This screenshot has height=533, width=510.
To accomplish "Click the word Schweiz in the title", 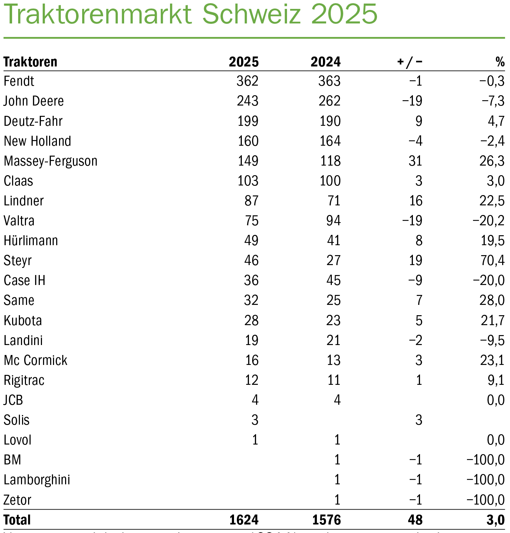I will point(253,14).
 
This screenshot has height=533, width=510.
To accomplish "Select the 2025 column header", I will point(244,62).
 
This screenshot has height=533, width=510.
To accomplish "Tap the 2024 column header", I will point(325,62).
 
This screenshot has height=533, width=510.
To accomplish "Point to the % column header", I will point(500,62).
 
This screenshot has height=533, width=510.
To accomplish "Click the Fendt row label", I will point(19,81).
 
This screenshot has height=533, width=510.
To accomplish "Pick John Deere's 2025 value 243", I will point(248,101).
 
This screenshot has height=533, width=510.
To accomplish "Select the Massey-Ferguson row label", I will point(51,161).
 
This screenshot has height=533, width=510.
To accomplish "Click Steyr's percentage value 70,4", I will point(492,260).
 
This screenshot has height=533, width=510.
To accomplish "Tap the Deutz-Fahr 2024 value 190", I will point(330,121).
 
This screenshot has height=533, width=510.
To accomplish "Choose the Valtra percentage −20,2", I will point(488,221).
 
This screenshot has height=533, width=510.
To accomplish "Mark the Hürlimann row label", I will point(31,241).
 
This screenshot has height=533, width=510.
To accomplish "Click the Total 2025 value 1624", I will point(244,520).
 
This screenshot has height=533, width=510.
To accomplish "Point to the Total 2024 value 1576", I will point(326,520).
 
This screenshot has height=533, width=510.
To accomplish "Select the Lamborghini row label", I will point(37,480).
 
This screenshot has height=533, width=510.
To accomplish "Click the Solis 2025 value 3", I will point(255,420).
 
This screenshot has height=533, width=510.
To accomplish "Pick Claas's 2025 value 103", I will point(248,181).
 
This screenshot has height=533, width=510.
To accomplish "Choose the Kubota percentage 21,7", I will point(493,321).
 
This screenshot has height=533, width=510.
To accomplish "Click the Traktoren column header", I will point(30,62).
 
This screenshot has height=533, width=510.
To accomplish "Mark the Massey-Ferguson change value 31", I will point(415,161).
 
